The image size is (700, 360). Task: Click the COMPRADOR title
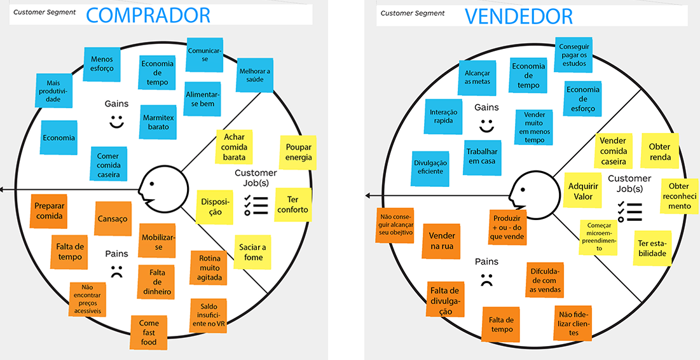[148, 15]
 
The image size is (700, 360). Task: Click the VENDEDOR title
[518, 15]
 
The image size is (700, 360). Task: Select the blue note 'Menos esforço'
[102, 65]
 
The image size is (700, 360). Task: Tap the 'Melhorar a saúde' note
[254, 75]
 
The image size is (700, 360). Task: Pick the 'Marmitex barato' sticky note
[158, 122]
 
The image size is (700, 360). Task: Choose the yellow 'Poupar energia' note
[298, 153]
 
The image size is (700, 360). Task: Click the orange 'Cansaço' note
[113, 219]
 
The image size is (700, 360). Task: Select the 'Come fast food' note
[149, 333]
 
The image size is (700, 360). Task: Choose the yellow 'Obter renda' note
[659, 151]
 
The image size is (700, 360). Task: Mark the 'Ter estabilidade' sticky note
[652, 249]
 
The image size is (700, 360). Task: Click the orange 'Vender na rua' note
[442, 241]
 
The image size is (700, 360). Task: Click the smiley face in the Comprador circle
[116, 121]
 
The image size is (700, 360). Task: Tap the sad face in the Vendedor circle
[486, 279]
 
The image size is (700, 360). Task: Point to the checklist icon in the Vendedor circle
[629, 211]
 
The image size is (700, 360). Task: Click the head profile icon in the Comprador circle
[163, 189]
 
